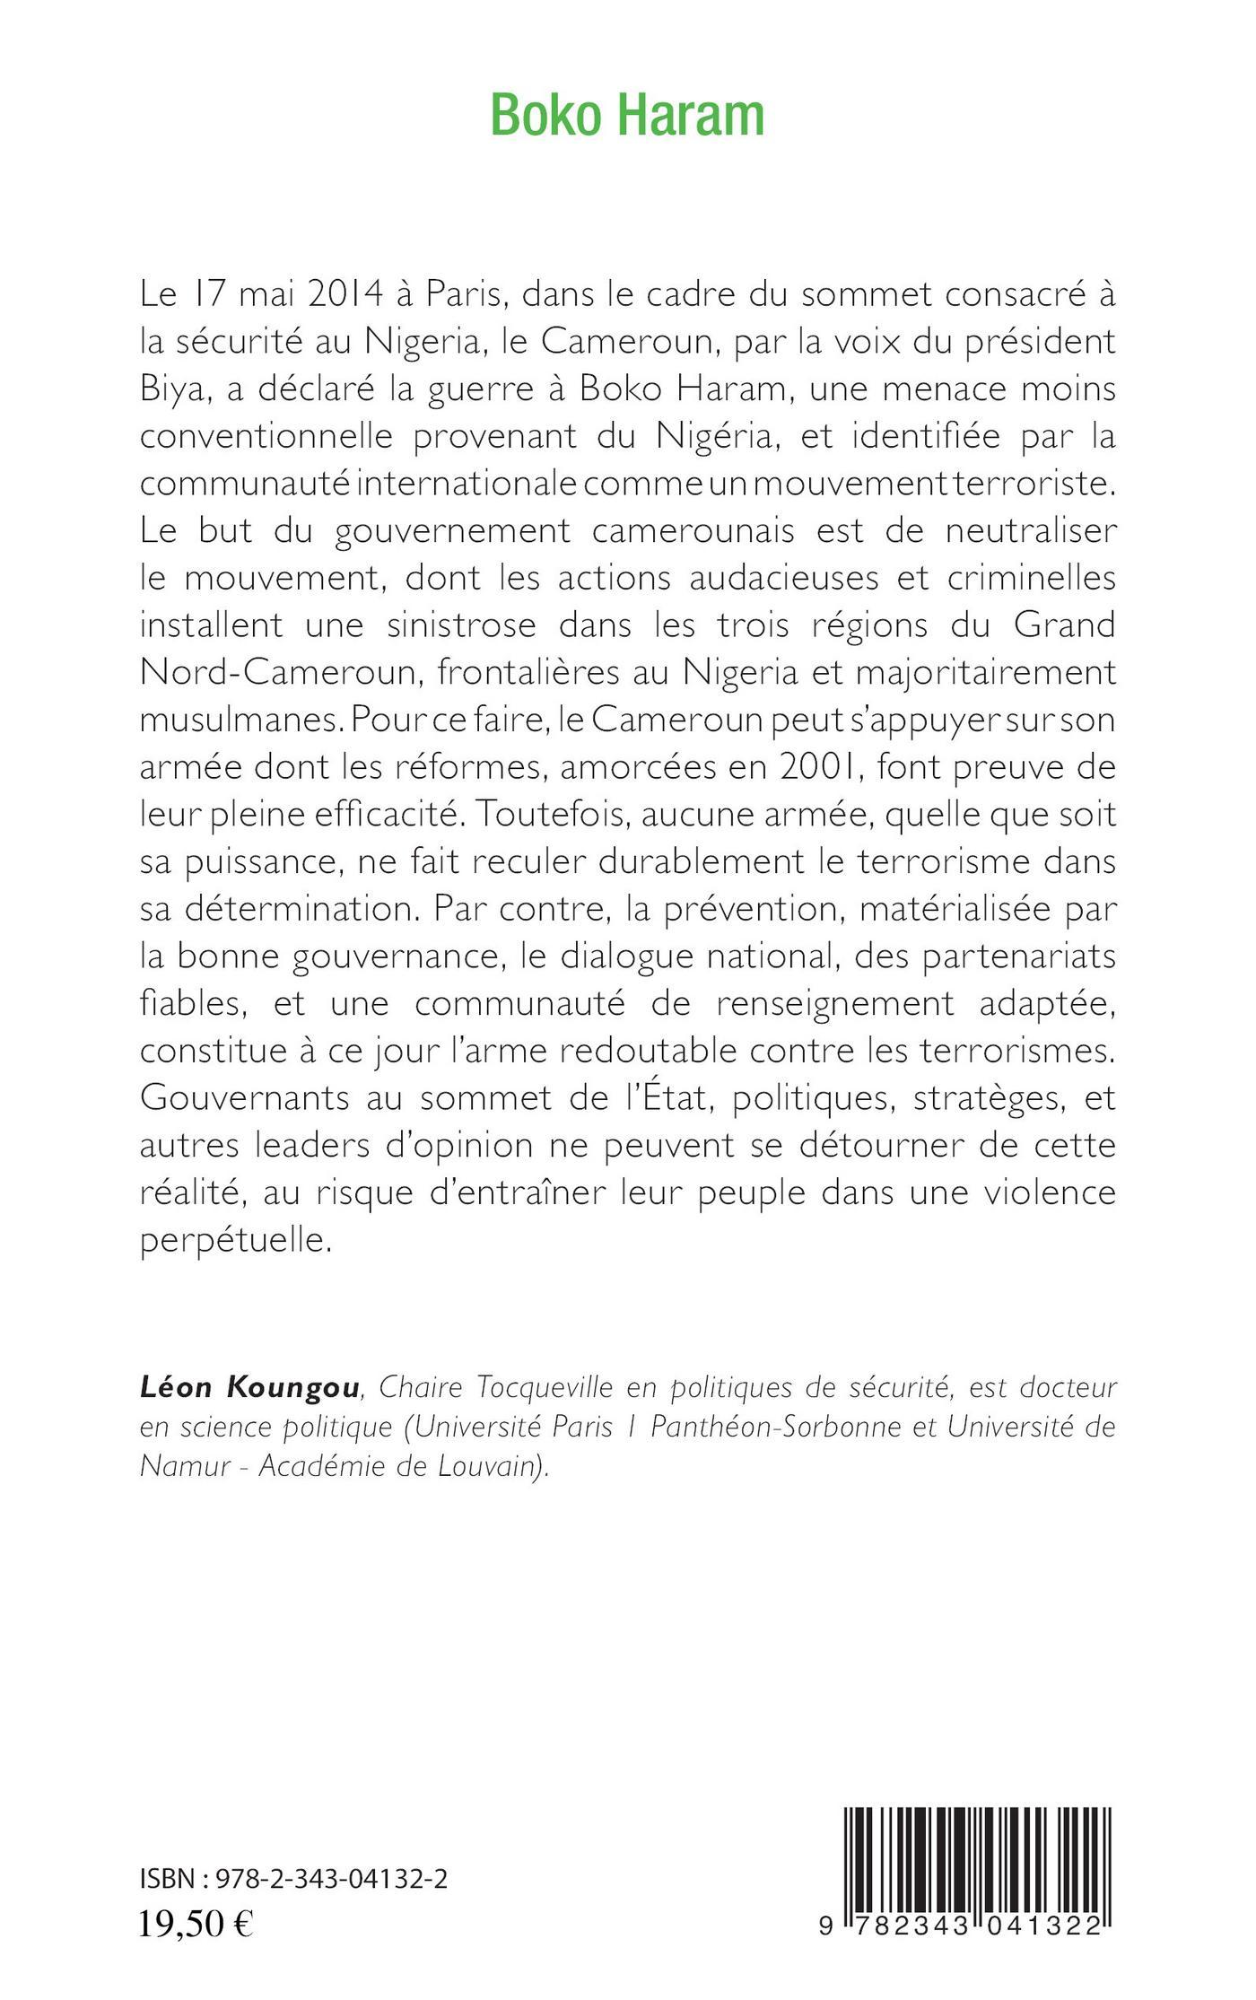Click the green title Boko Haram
coord(627,116)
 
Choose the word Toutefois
coord(547,816)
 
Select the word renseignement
coord(835,1004)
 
